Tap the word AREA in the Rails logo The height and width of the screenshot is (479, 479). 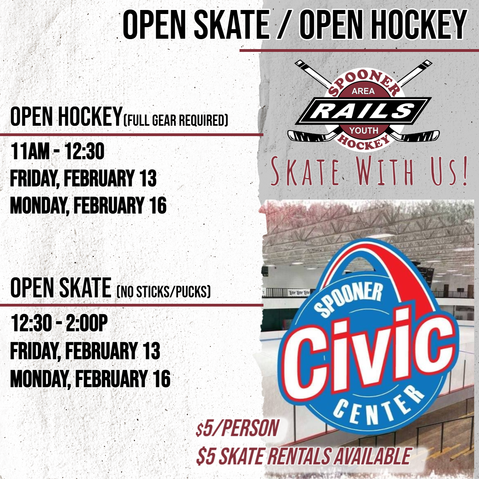363,91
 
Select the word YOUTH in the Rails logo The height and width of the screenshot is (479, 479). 363,130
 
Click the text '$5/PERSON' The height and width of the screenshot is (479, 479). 237,428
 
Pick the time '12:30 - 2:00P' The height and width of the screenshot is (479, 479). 59,323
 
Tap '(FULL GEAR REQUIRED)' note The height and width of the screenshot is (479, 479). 176,121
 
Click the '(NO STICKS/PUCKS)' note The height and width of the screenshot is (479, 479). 164,292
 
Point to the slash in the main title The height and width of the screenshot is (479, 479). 284,26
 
